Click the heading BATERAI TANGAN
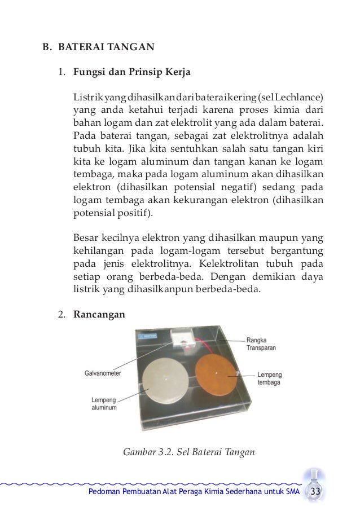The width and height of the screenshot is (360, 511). (106, 47)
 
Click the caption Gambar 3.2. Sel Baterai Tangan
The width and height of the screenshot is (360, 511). (189, 451)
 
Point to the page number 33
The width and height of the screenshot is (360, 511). (315, 492)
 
